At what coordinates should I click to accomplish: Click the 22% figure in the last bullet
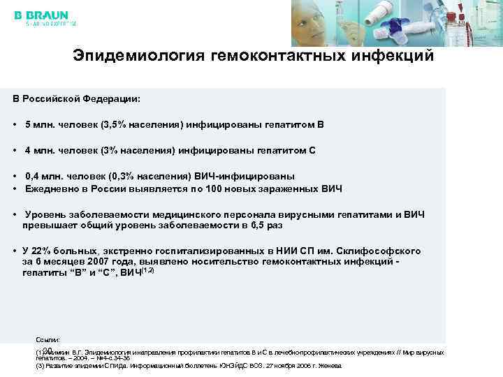(x=41, y=251)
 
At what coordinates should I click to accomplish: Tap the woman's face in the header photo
(x=314, y=21)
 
